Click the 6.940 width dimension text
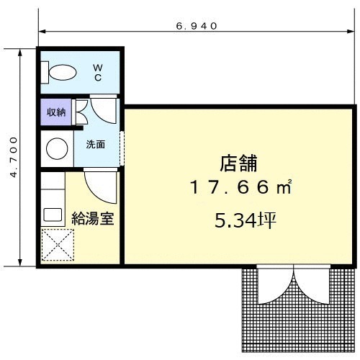tap(197, 26)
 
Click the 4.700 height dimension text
tap(14, 157)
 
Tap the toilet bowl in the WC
tap(63, 72)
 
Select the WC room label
tap(98, 73)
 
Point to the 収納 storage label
tap(56, 112)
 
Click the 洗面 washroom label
tap(96, 144)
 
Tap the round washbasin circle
tap(57, 148)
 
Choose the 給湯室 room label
tap(93, 218)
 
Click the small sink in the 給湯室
tap(53, 215)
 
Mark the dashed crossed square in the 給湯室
tap(58, 245)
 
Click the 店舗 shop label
tap(238, 163)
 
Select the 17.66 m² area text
tap(240, 187)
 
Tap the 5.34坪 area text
tap(246, 220)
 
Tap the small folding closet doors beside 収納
tap(80, 112)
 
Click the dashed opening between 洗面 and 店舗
tap(122, 148)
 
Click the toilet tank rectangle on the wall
tap(45, 73)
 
